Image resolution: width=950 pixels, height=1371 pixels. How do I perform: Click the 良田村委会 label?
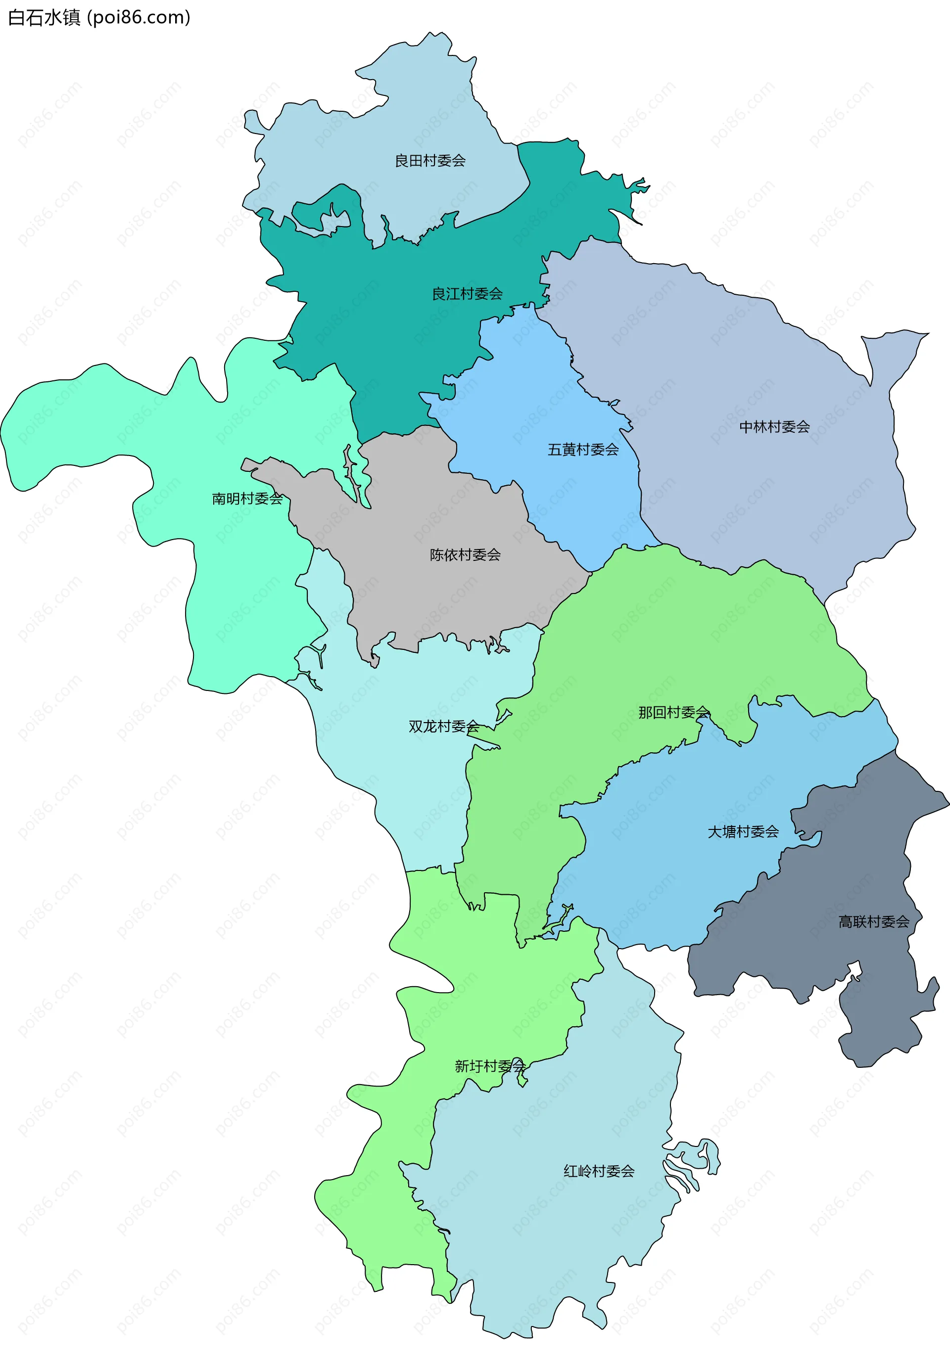click(x=430, y=161)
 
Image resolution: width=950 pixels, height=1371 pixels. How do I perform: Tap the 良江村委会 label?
click(x=467, y=294)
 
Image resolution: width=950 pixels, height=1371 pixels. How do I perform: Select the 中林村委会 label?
click(x=774, y=427)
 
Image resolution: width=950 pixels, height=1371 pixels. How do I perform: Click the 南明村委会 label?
click(x=247, y=499)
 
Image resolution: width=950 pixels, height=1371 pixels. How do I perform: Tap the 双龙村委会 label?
click(x=443, y=727)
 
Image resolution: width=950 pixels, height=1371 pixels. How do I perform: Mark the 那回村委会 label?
click(x=673, y=712)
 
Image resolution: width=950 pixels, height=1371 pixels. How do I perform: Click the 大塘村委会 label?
click(x=743, y=832)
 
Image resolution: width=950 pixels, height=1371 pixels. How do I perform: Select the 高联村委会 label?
click(x=873, y=922)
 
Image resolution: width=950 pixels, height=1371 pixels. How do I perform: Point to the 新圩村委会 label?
click(x=489, y=1066)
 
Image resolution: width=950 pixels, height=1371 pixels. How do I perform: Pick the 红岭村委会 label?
click(x=598, y=1171)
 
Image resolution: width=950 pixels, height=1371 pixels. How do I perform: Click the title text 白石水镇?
click(x=44, y=18)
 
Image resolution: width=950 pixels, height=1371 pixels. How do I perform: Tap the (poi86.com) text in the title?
click(x=139, y=18)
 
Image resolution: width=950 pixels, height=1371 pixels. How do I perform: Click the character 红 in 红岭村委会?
click(x=570, y=1171)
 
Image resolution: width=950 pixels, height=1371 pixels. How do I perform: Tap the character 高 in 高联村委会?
click(x=845, y=922)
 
